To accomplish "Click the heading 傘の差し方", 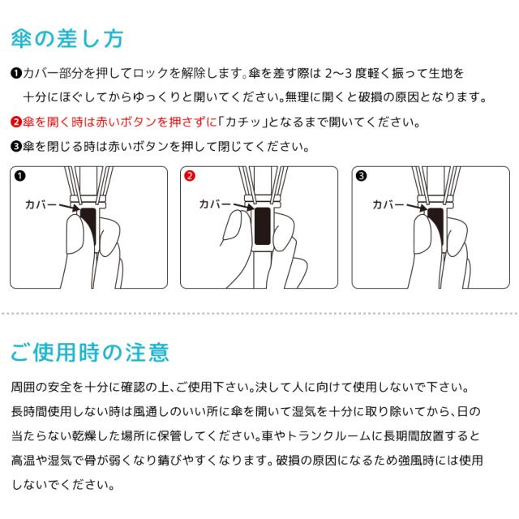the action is click(67, 39).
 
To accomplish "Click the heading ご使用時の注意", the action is click(90, 352).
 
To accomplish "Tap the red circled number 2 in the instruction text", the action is click(16, 122).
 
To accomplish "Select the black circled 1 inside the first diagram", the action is click(19, 175).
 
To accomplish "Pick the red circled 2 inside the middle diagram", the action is click(190, 175).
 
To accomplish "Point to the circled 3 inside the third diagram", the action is click(361, 175).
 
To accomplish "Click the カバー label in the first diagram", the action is click(41, 205).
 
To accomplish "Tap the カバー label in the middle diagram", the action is click(214, 204).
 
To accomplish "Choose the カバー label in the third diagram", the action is click(388, 205).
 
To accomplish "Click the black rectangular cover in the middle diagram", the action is click(263, 226).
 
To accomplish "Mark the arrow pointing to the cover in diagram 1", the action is click(69, 207).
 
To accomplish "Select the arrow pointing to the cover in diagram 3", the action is click(416, 207).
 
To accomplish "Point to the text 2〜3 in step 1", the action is click(338, 73).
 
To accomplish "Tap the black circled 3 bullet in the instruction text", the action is click(16, 146).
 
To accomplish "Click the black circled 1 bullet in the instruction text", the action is click(16, 73).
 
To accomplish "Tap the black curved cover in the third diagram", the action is click(437, 226).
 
